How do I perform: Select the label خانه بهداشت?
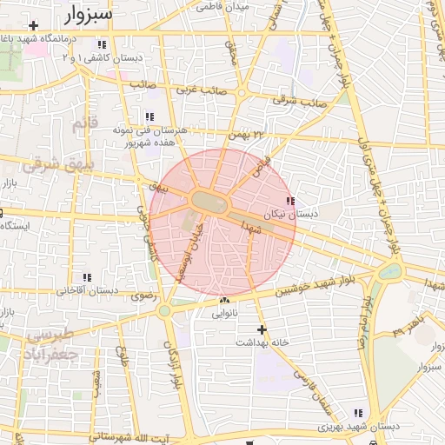coord(261,342)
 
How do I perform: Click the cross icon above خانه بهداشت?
coord(262,329)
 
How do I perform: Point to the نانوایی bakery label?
coord(224,314)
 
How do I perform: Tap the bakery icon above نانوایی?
coord(224,302)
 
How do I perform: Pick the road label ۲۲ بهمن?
coord(246,135)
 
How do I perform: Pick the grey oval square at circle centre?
coord(209,202)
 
